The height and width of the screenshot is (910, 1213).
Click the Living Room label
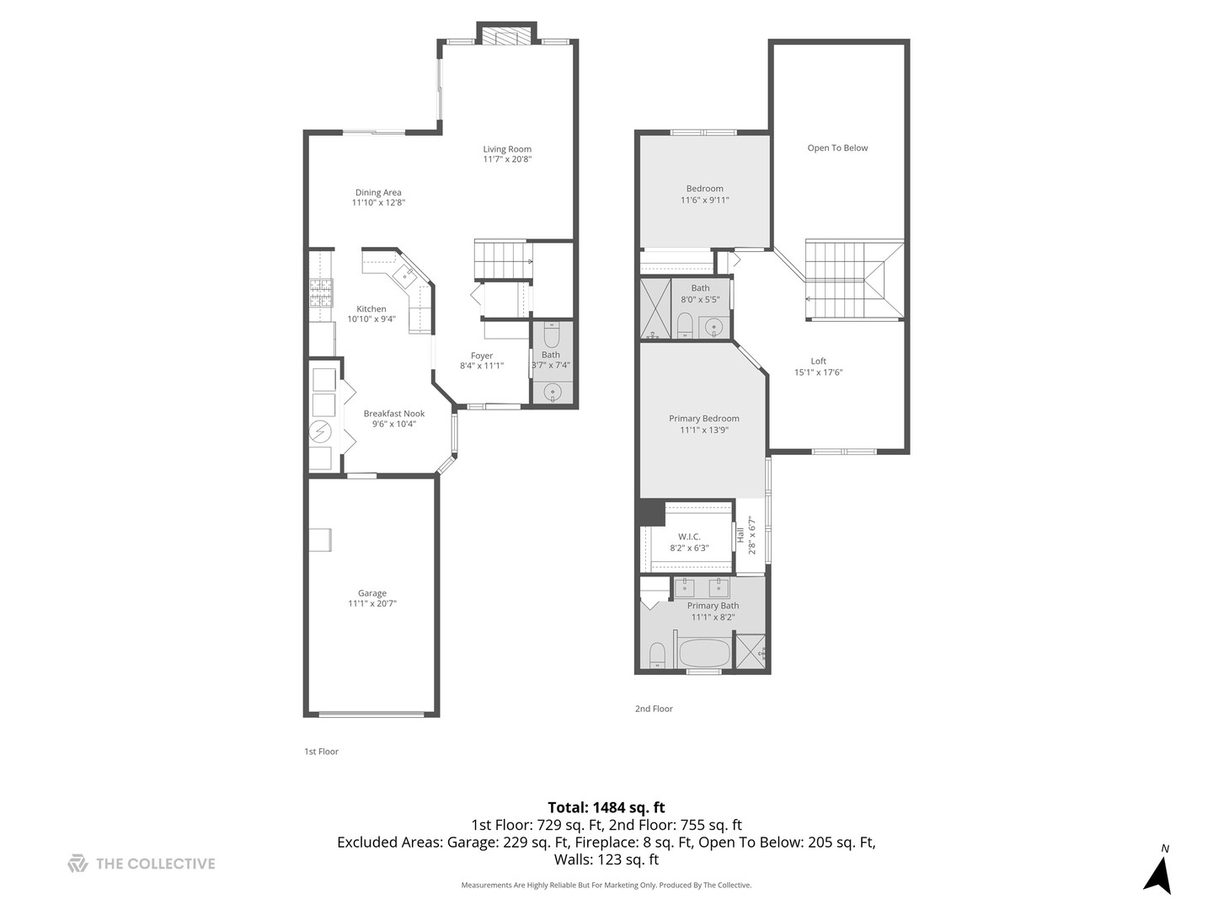pyautogui.click(x=507, y=149)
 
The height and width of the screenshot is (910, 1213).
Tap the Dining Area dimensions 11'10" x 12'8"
pyautogui.click(x=378, y=203)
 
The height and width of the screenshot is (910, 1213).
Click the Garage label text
pyautogui.click(x=371, y=593)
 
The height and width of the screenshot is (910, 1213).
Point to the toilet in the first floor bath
pyautogui.click(x=552, y=336)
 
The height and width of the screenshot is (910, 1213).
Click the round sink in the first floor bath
pyautogui.click(x=553, y=391)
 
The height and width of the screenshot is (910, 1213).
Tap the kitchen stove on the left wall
pyautogui.click(x=320, y=294)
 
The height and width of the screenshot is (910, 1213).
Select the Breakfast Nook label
pyautogui.click(x=394, y=414)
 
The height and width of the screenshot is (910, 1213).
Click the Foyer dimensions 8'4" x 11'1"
pyautogui.click(x=482, y=366)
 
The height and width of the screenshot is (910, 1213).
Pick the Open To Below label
pyautogui.click(x=837, y=148)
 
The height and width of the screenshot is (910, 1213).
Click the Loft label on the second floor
pyautogui.click(x=818, y=361)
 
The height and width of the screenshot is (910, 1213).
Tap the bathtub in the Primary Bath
pyautogui.click(x=703, y=654)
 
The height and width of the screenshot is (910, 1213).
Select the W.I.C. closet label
pyautogui.click(x=689, y=537)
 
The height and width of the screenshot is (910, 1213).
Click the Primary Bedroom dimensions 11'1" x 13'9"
pyautogui.click(x=704, y=430)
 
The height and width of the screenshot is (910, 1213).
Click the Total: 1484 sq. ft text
pyautogui.click(x=606, y=807)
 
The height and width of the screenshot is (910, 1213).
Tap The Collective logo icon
pyautogui.click(x=77, y=864)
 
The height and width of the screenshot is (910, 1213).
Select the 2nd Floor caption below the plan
pyautogui.click(x=654, y=709)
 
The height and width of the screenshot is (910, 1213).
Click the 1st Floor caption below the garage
pyautogui.click(x=321, y=752)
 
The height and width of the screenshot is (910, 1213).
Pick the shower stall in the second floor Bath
pyautogui.click(x=655, y=308)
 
